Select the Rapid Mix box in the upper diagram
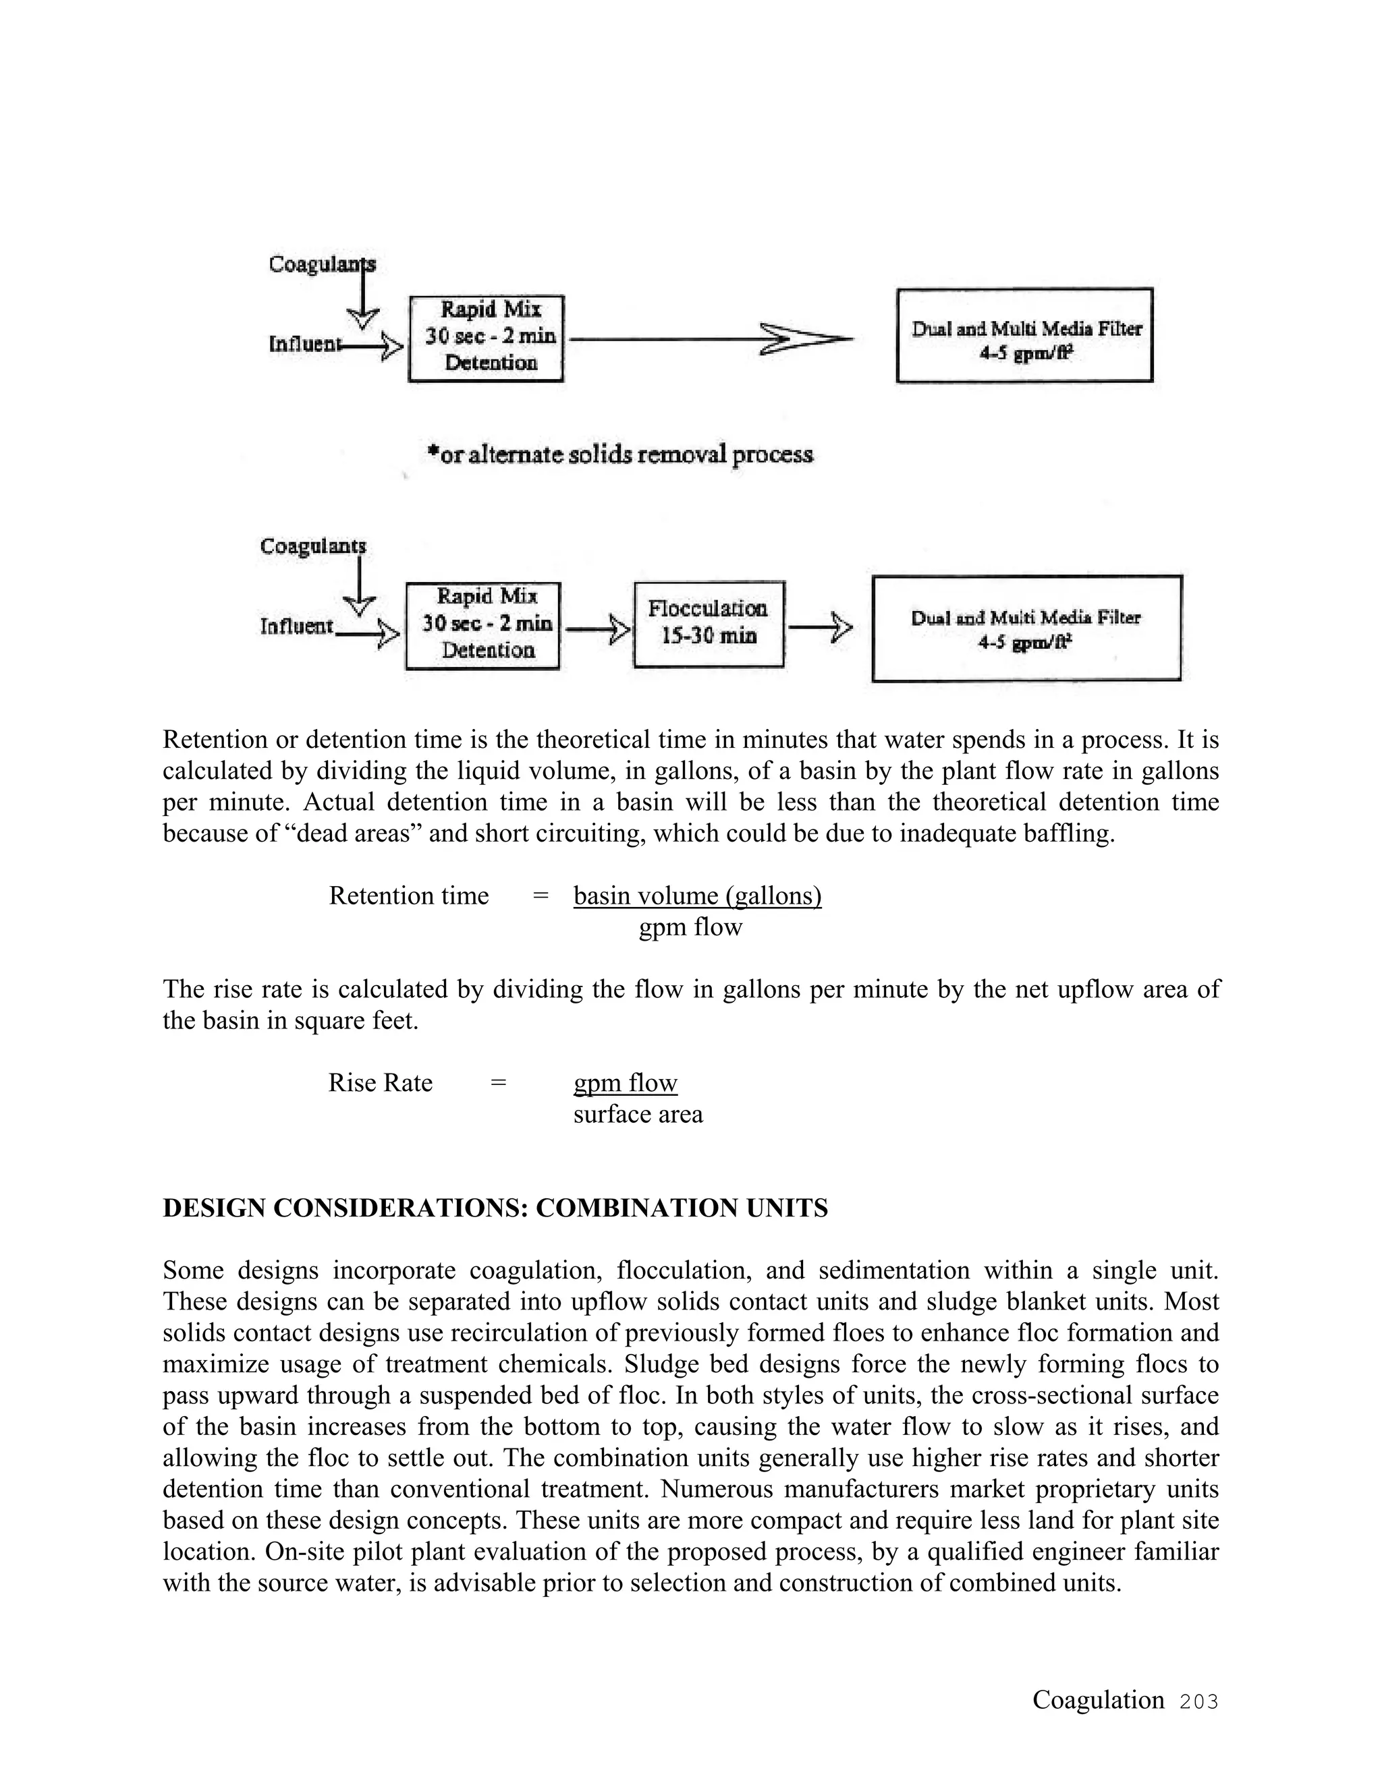pos(487,338)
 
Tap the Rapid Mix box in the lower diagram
pos(483,626)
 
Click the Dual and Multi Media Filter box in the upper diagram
pos(1024,334)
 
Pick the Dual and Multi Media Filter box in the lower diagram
pos(1026,628)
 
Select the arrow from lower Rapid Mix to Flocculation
pos(598,629)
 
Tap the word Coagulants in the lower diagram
pos(312,546)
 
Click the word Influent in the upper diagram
pos(303,345)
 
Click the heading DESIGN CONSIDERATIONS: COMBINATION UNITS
pos(495,1208)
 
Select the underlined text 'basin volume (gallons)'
pos(698,896)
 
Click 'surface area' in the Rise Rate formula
pos(638,1115)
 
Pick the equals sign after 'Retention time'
pos(541,896)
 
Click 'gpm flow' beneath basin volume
pos(690,927)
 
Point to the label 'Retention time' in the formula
pos(408,896)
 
